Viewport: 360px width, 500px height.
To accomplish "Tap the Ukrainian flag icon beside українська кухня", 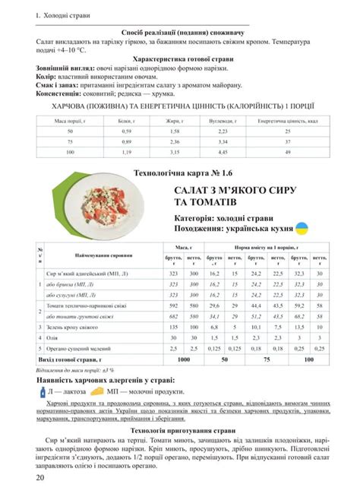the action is (301, 228).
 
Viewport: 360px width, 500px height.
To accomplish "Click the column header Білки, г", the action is (125, 121).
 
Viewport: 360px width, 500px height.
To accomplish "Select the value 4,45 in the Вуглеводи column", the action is (223, 152).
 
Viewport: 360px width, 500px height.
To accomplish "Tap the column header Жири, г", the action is (174, 121).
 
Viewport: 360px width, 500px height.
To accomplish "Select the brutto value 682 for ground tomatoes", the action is (172, 316).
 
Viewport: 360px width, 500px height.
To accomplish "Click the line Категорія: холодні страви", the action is (222, 217).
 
